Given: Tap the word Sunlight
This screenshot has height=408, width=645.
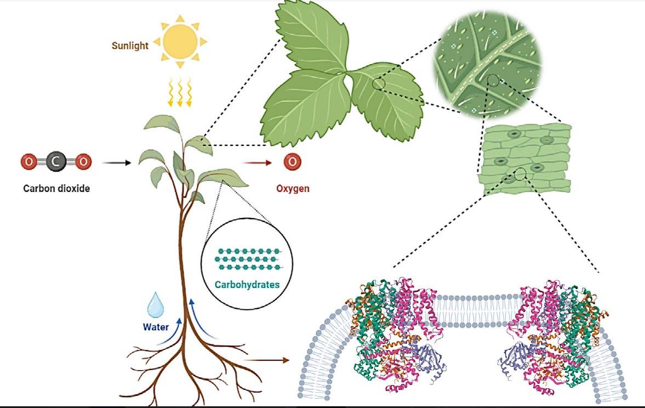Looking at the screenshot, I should point(130,46).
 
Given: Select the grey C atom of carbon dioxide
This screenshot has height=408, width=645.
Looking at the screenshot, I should point(55,162).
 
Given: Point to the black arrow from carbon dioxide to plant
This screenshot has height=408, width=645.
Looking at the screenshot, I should point(117,162).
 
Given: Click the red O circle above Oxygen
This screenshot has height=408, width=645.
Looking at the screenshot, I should point(293,162).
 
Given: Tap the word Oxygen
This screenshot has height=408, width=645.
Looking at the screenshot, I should point(293,189).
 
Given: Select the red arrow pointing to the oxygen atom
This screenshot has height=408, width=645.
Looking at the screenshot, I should point(257,162).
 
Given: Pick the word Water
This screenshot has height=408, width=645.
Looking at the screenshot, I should point(155,328).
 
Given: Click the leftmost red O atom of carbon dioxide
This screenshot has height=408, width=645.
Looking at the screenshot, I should point(28,162).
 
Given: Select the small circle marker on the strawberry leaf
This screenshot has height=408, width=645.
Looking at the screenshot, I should point(378,84).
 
